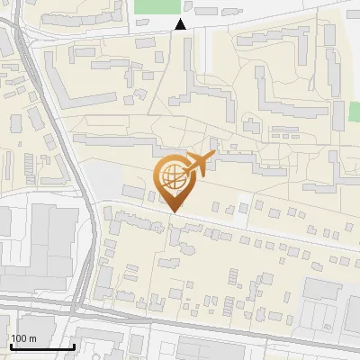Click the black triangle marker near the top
pos(181,24)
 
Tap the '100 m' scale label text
pos(23,338)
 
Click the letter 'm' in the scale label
pos(32,338)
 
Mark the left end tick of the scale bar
pos(10,345)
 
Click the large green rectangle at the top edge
pos(157,5)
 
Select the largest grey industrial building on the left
pos(49,238)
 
